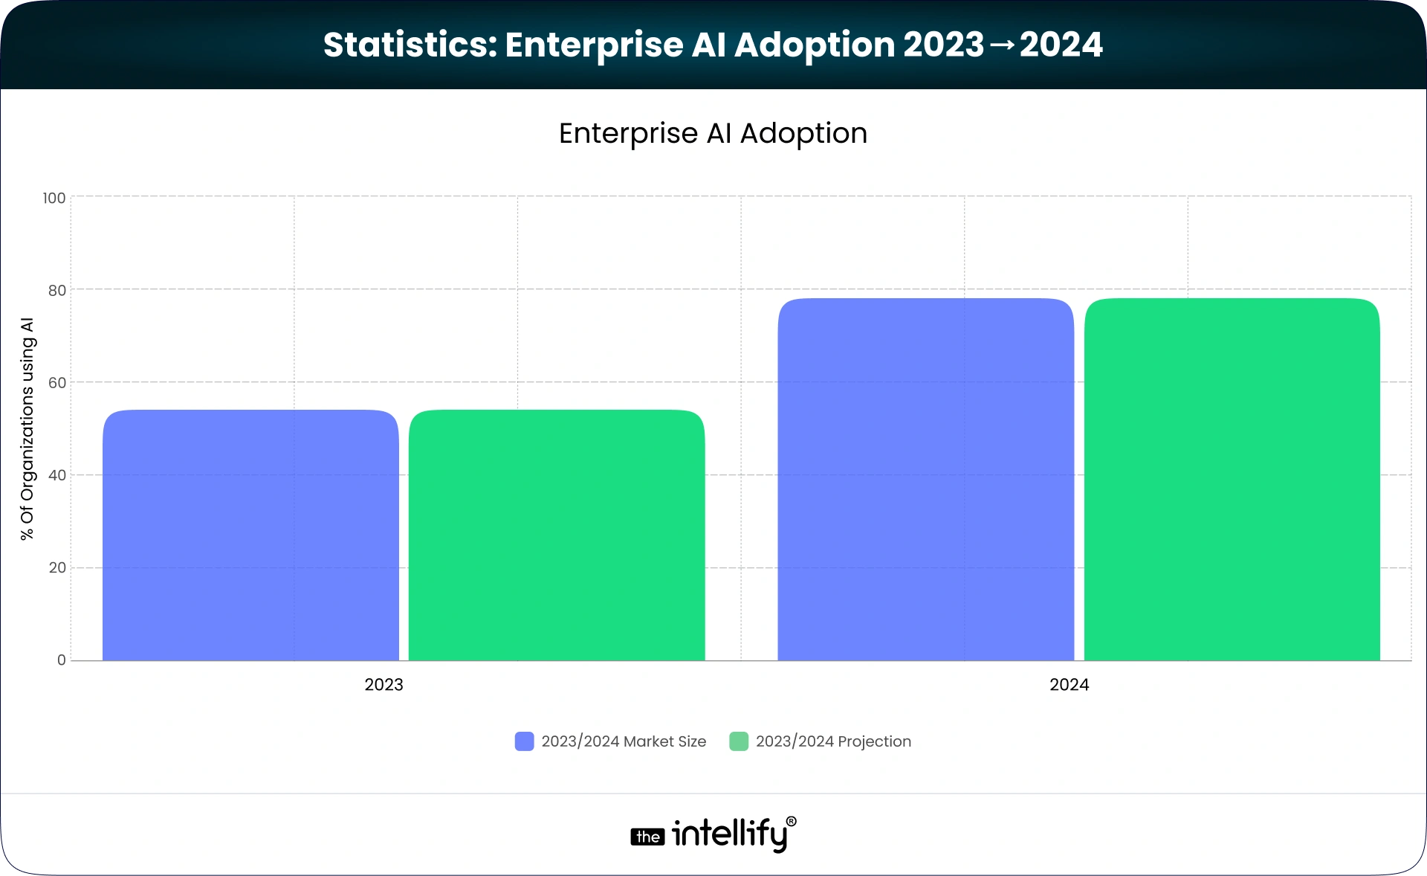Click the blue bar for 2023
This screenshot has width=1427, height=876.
tap(250, 535)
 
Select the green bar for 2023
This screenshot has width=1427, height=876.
tap(557, 535)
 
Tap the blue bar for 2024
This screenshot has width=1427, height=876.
tap(925, 480)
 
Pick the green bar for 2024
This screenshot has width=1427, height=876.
tap(1232, 480)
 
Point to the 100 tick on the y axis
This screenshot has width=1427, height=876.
tap(54, 198)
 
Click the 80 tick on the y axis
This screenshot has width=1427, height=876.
tap(57, 290)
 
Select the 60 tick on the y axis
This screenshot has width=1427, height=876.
tap(57, 383)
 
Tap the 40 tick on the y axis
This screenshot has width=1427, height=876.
tap(57, 475)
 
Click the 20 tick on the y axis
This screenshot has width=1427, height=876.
tap(57, 567)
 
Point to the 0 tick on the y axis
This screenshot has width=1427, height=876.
tap(62, 660)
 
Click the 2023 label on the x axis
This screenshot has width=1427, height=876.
tap(384, 685)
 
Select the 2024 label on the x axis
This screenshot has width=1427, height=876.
tap(1069, 685)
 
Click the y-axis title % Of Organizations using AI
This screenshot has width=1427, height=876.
tap(27, 429)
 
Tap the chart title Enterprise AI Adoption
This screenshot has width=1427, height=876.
tap(713, 134)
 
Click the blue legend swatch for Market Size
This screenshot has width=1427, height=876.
tap(524, 741)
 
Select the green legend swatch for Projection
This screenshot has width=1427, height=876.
tap(739, 741)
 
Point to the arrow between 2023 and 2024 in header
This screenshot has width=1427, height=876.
tap(1002, 45)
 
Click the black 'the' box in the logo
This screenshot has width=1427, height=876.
tap(647, 837)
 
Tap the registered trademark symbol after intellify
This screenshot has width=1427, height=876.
tap(791, 822)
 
